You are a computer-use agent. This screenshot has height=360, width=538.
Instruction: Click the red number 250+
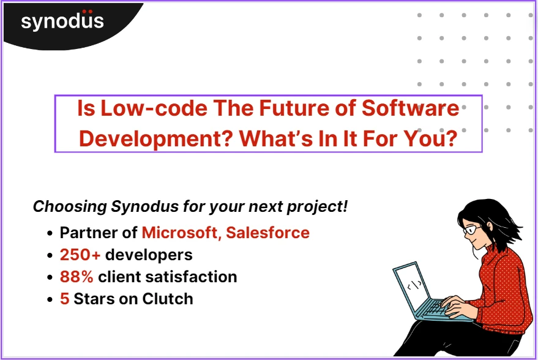pyautogui.click(x=80, y=255)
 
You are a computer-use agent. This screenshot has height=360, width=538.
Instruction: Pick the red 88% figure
pyautogui.click(x=77, y=277)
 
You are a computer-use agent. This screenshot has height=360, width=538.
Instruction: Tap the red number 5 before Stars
pyautogui.click(x=64, y=299)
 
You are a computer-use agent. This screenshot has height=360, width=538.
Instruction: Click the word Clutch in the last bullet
pyautogui.click(x=168, y=299)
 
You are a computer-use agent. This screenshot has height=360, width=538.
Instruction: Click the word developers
pyautogui.click(x=149, y=255)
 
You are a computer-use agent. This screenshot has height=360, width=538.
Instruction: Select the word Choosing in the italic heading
pyautogui.click(x=69, y=206)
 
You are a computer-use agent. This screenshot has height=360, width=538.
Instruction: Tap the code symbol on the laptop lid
pyautogui.click(x=414, y=285)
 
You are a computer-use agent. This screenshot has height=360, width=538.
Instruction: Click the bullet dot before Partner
pyautogui.click(x=50, y=233)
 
